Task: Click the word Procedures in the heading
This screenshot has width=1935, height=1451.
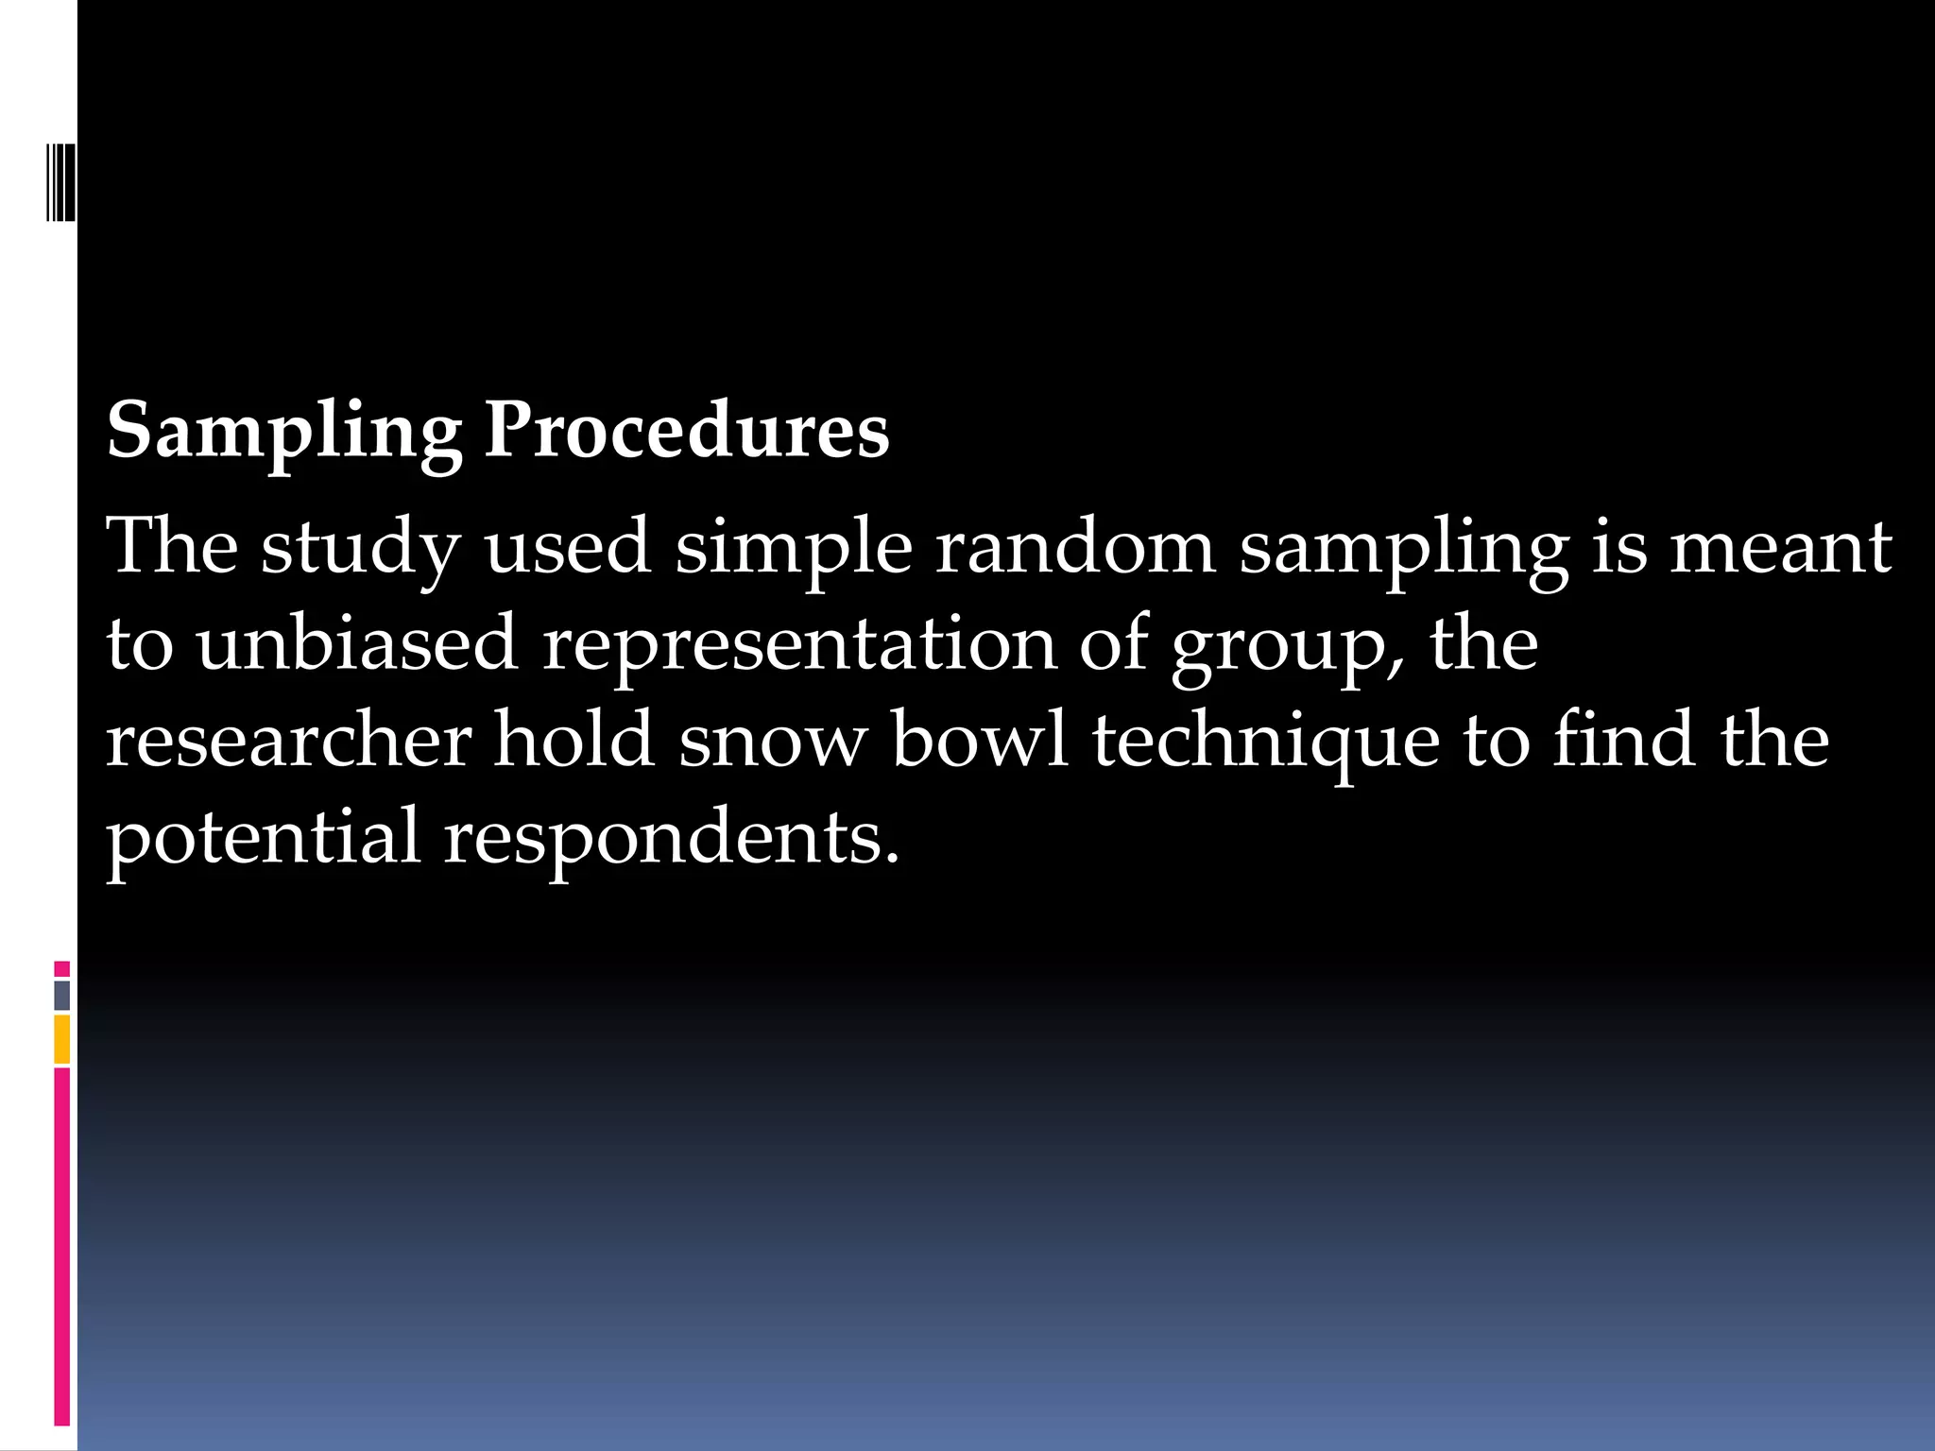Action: (686, 431)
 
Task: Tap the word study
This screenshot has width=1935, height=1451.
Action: (360, 548)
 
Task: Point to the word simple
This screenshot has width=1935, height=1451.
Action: (794, 548)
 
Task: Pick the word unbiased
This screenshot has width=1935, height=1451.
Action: (357, 643)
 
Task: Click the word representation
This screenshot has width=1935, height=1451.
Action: (799, 645)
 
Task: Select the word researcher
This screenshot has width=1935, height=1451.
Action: (288, 740)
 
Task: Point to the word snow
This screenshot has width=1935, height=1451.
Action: (772, 742)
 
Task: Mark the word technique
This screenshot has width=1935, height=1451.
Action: (1266, 742)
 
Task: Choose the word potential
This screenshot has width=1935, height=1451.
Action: (263, 838)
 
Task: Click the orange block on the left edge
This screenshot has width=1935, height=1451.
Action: (62, 1039)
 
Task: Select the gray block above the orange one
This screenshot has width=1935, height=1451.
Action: (62, 995)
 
